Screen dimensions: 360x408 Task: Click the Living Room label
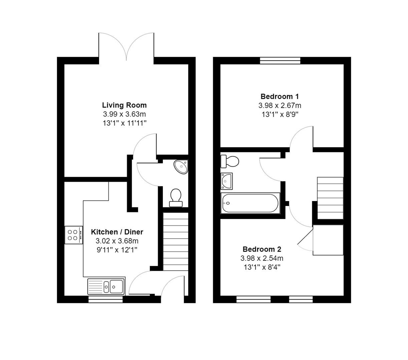[124, 105]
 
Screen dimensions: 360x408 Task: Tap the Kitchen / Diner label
[117, 232]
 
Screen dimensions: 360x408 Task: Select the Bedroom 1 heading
[280, 97]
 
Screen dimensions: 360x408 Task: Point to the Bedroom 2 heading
[262, 249]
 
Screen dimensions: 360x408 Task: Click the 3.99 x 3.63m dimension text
[124, 114]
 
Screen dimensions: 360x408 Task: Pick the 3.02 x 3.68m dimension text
[117, 241]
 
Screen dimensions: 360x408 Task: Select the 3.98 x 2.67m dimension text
[280, 106]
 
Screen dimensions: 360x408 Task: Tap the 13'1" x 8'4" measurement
[262, 267]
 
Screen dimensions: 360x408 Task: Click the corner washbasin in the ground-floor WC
[182, 166]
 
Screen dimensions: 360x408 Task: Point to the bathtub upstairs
[250, 203]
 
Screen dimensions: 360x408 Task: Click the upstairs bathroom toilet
[230, 162]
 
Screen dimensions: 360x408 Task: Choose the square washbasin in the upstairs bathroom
[227, 180]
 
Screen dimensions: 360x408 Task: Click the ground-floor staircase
[175, 240]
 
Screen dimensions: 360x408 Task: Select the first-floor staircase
[330, 198]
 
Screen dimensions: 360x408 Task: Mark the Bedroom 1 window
[280, 60]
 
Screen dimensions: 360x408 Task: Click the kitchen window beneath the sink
[105, 299]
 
